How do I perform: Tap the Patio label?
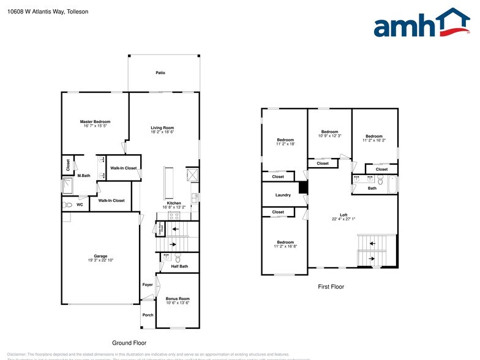[x=160, y=73]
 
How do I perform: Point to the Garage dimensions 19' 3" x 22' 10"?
[x=100, y=260]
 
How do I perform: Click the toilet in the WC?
[x=69, y=205]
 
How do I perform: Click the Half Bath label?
[x=179, y=266]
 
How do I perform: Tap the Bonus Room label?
[x=178, y=298]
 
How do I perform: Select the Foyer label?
[x=148, y=285]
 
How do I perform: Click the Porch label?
[x=148, y=315]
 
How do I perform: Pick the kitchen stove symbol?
[x=173, y=216]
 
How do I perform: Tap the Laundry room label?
[x=283, y=195]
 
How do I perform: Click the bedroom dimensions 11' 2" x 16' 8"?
[x=285, y=246]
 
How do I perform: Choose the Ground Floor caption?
[x=129, y=343]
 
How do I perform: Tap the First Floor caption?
[x=331, y=287]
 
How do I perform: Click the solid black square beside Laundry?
[x=302, y=188]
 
